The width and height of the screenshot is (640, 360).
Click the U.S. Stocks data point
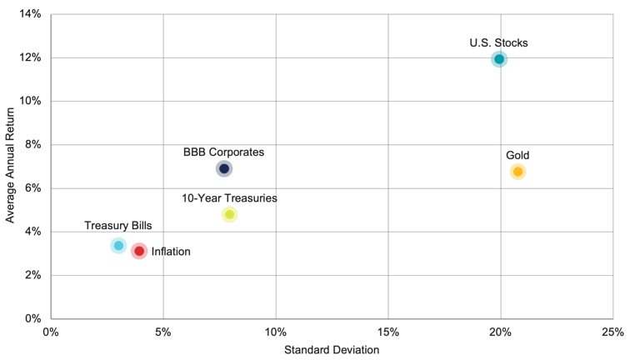click(x=498, y=59)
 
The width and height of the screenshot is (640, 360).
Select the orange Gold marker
click(x=517, y=172)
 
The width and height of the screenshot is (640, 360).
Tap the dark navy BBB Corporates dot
click(x=223, y=168)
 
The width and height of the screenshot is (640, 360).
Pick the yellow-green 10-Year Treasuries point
click(x=229, y=214)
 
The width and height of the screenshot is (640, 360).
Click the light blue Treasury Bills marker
click(x=118, y=245)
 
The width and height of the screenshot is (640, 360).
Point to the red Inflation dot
click(x=139, y=251)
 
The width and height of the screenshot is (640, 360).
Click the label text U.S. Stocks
click(x=498, y=42)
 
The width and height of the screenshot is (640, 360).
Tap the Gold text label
click(x=517, y=155)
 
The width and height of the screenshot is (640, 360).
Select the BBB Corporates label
click(x=223, y=152)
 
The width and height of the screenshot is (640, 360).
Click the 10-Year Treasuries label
click(x=229, y=198)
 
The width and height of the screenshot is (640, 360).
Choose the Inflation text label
click(x=171, y=252)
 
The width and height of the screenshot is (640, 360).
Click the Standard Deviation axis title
click(x=332, y=350)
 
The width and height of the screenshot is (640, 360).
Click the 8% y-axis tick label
click(x=32, y=145)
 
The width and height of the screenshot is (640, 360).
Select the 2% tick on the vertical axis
click(x=32, y=275)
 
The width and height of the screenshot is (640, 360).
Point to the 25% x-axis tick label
click(x=612, y=332)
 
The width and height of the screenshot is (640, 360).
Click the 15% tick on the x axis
click(x=387, y=332)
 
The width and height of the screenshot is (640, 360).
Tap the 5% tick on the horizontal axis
click(x=163, y=332)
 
